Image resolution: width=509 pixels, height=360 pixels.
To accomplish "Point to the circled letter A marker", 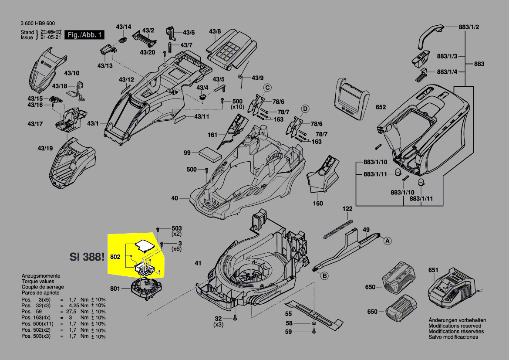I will [x=387, y=240].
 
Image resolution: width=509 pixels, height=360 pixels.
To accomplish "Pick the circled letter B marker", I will [x=324, y=275].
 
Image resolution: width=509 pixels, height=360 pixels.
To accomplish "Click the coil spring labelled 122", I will [x=338, y=229].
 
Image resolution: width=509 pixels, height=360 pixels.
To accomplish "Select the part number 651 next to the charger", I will [x=433, y=270].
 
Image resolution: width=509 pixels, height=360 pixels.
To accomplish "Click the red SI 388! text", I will [x=87, y=257].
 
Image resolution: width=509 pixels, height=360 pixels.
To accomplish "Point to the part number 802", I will [x=115, y=258].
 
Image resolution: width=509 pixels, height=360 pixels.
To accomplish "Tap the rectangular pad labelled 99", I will [x=210, y=154].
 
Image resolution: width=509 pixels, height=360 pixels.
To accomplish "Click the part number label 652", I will [x=381, y=107].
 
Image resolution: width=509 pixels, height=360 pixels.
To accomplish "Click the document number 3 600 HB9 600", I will [x=37, y=24].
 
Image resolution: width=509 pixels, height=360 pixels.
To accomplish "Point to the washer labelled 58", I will [x=313, y=325].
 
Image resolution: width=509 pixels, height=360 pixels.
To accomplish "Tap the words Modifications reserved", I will [x=455, y=326].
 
